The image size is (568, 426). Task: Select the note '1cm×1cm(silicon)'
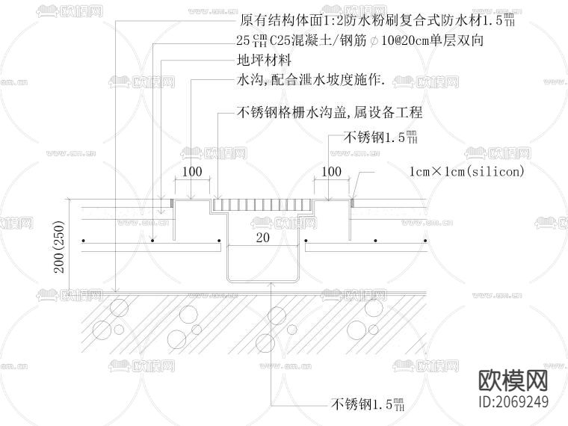click(466, 171)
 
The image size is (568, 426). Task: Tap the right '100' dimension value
click(331, 172)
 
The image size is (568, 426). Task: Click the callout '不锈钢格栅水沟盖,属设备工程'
click(330, 113)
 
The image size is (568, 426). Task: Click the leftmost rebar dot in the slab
click(84, 241)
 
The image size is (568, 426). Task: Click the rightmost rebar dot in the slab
click(427, 241)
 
